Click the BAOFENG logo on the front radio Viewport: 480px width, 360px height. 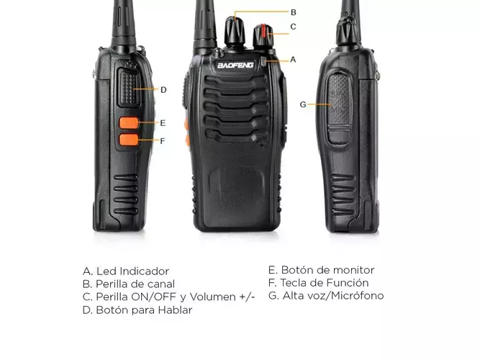235,65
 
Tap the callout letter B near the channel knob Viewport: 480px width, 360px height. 294,12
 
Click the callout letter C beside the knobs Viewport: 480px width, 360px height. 294,27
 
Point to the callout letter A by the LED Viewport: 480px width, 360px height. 293,60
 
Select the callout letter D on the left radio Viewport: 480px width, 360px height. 163,90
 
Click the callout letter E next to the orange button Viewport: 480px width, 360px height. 163,123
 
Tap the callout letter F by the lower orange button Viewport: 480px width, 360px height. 162,141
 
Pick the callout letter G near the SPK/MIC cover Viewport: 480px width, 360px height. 303,104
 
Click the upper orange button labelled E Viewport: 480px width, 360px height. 129,123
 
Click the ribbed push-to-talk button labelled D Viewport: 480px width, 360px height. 130,88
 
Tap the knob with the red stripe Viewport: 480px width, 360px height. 263,36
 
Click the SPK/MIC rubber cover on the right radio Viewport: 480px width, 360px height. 338,109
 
